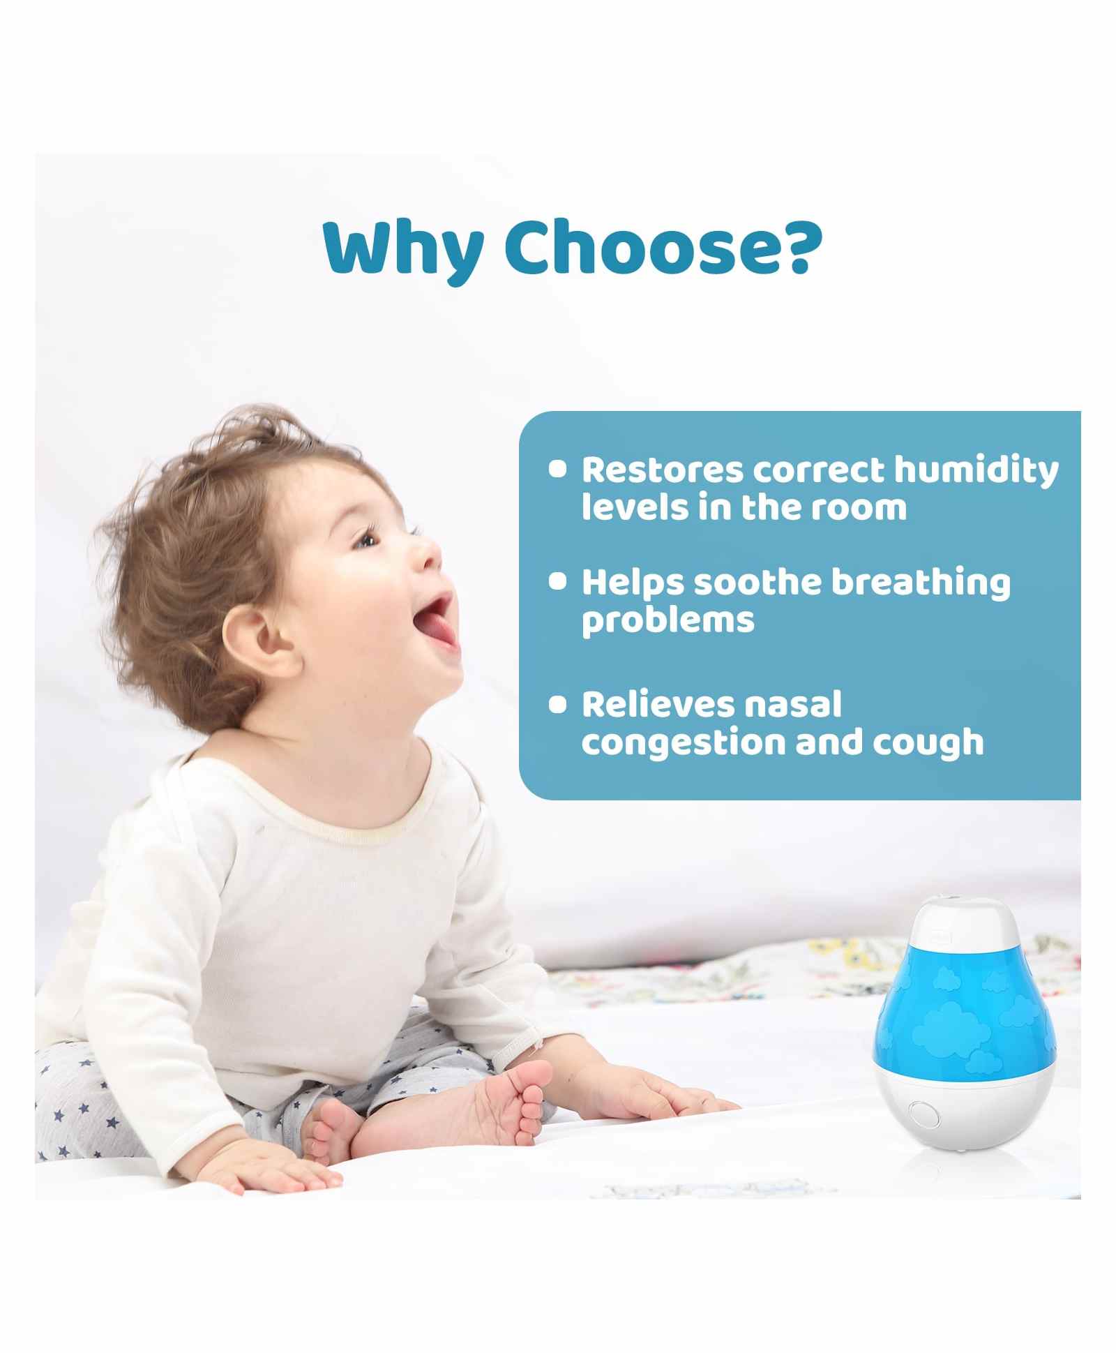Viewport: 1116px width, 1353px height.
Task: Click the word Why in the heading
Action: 403,251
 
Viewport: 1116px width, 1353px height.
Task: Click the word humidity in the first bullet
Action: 976,471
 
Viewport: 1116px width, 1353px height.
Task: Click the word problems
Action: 668,620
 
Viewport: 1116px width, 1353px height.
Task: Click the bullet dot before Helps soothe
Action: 557,581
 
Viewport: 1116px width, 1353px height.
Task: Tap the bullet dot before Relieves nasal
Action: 557,704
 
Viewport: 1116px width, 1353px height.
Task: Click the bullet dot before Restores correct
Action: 557,468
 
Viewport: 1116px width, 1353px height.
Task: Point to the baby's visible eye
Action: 366,539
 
